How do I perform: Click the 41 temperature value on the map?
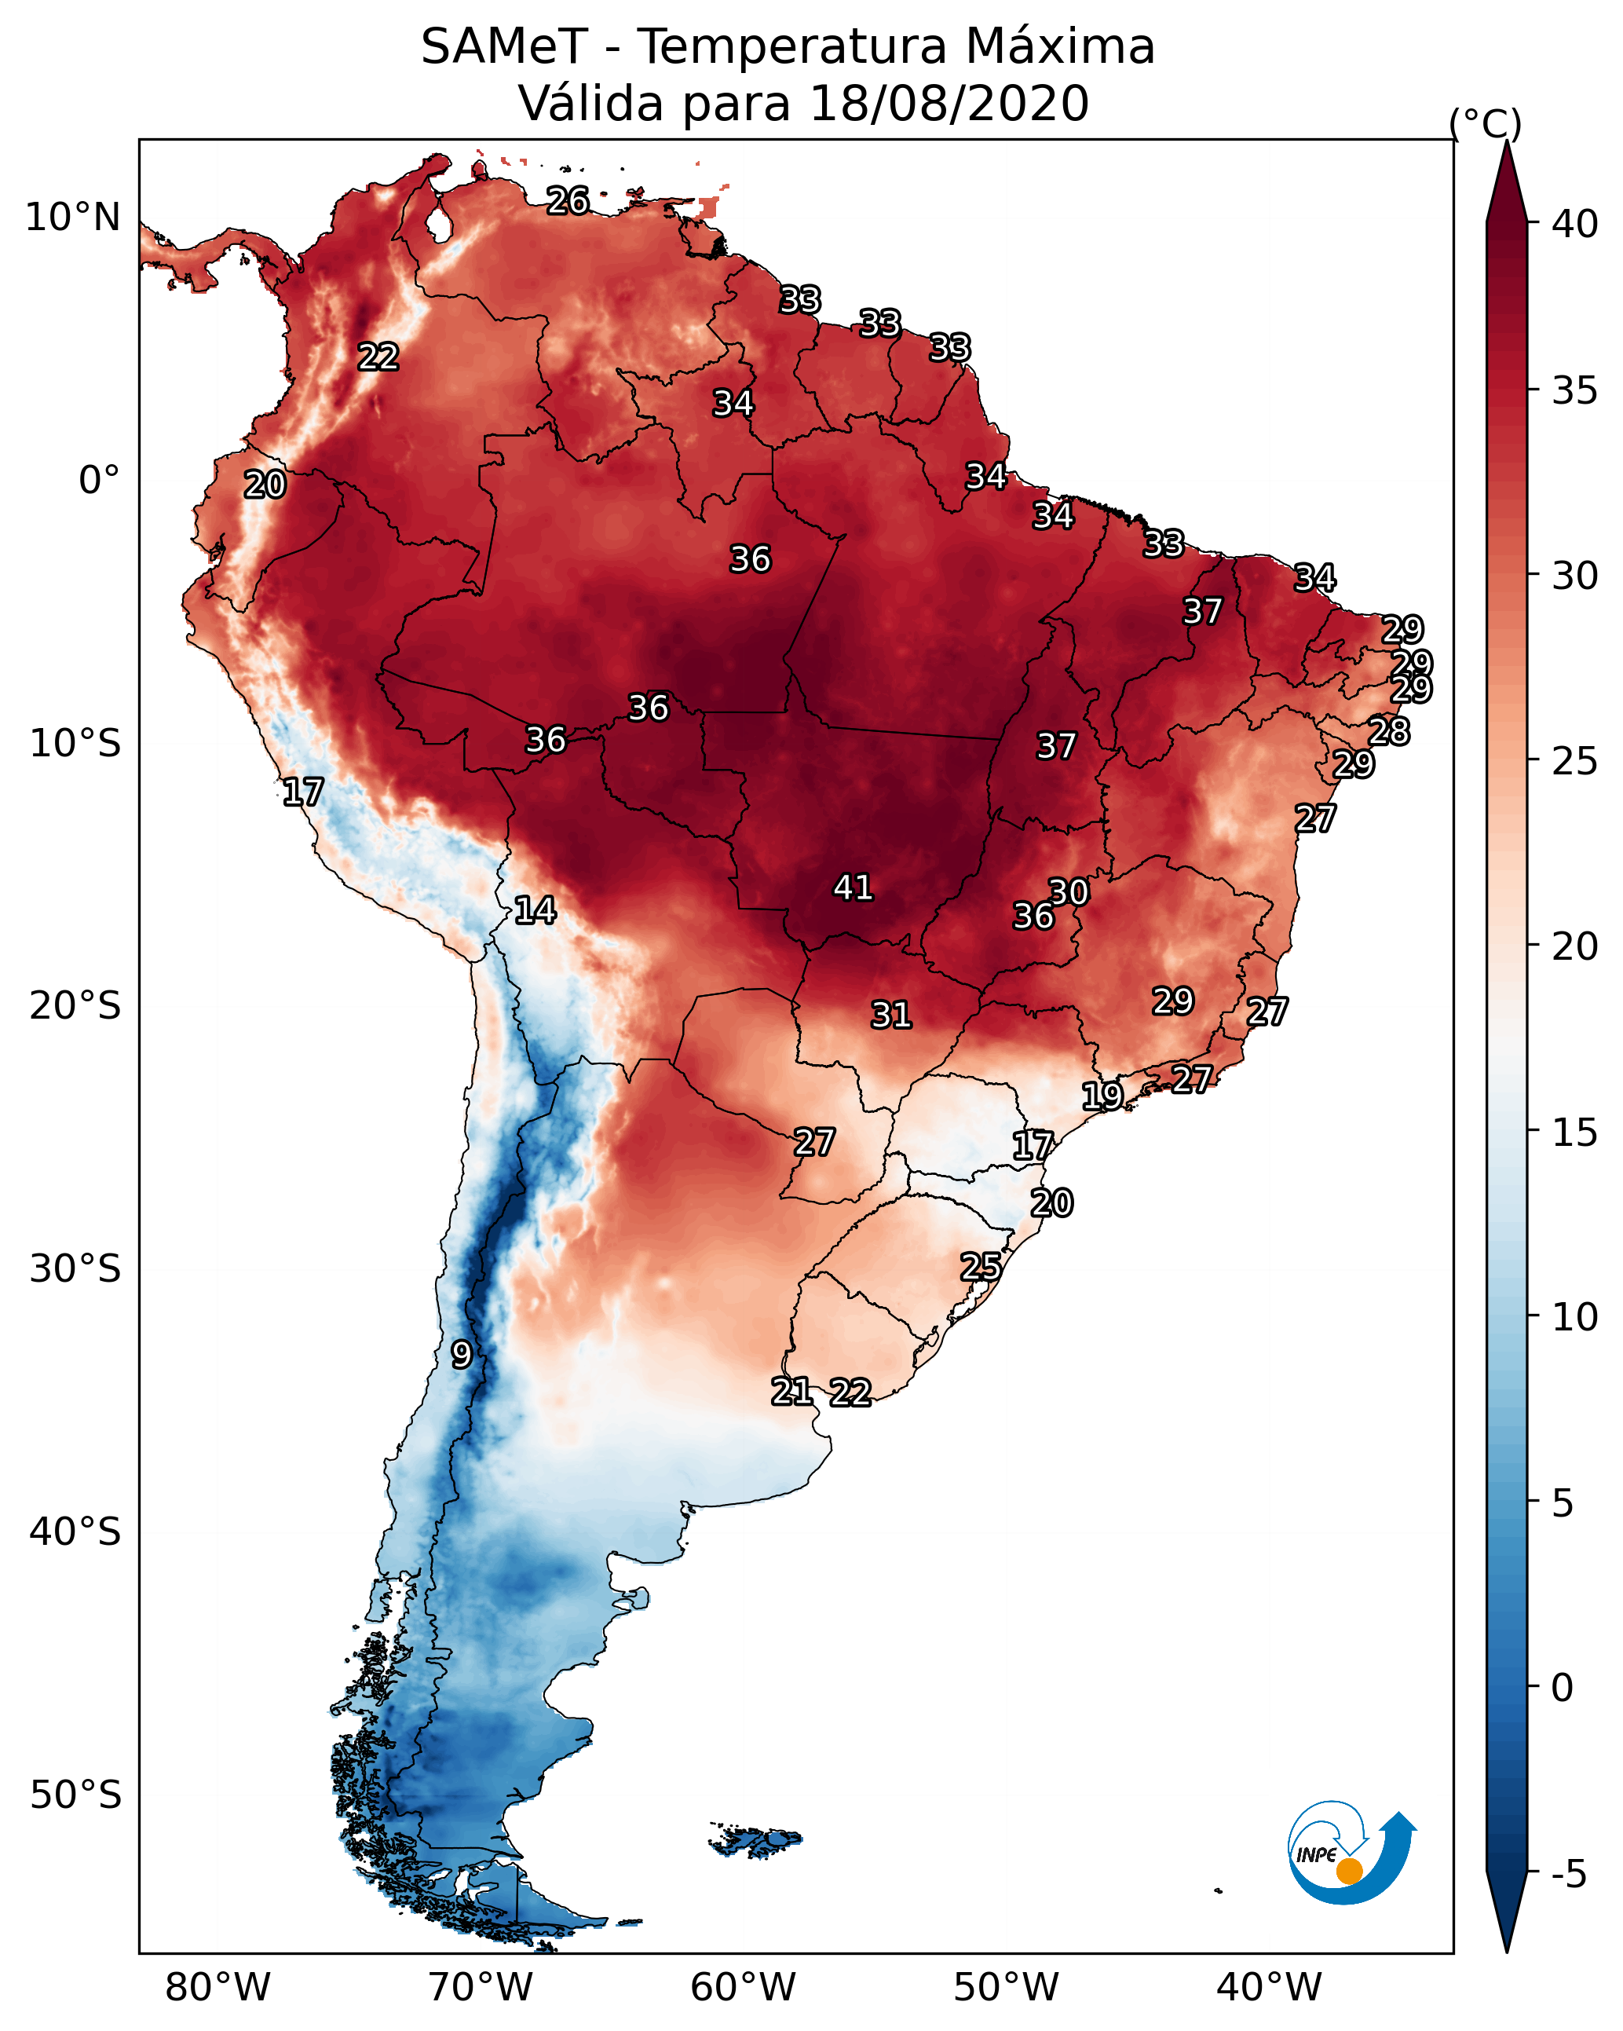coord(853,887)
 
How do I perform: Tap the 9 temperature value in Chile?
coord(461,1355)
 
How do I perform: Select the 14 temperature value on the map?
coord(534,910)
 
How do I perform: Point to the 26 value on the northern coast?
coord(568,200)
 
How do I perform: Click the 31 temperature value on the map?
coord(890,1015)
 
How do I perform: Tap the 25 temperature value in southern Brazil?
coord(981,1266)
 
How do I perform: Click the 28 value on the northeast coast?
coord(1388,731)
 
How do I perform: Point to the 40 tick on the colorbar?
coord(1575,224)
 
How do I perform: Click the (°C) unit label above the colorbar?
coord(1485,123)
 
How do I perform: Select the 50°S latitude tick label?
coord(75,1795)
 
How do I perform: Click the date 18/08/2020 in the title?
coord(949,103)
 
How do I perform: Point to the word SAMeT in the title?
coord(504,47)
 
